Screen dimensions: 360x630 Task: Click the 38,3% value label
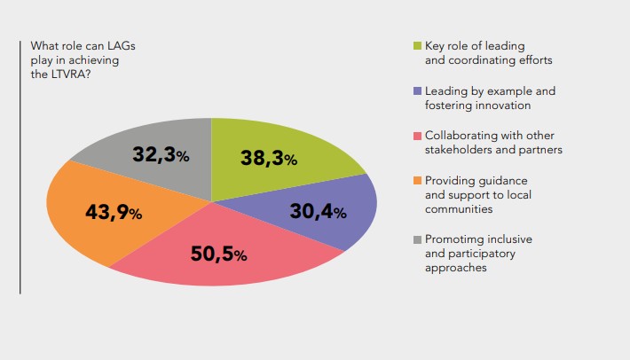point(268,159)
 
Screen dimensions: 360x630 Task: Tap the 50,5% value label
point(218,254)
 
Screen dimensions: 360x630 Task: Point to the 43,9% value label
point(114,213)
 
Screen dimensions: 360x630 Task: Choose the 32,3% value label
point(161,155)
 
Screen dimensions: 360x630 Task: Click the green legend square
point(417,45)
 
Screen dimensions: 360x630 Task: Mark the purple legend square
point(417,90)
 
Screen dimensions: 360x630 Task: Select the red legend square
point(417,136)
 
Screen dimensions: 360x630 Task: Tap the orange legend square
point(417,181)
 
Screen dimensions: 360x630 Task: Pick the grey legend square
point(417,239)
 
